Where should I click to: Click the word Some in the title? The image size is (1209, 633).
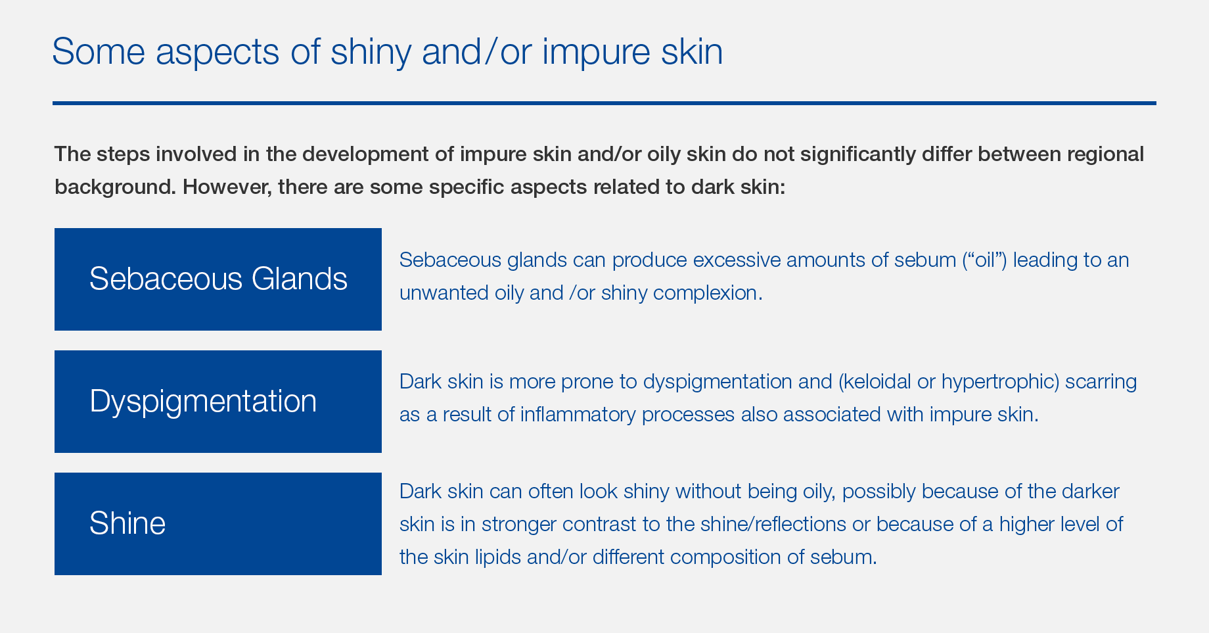(99, 51)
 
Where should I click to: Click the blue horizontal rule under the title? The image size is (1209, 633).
(604, 103)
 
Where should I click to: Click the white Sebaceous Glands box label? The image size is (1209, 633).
(218, 279)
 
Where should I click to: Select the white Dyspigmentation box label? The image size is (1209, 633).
(203, 401)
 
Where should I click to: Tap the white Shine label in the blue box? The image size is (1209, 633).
(127, 523)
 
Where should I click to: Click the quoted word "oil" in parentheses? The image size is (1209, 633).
(984, 260)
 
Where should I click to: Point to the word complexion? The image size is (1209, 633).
(708, 293)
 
